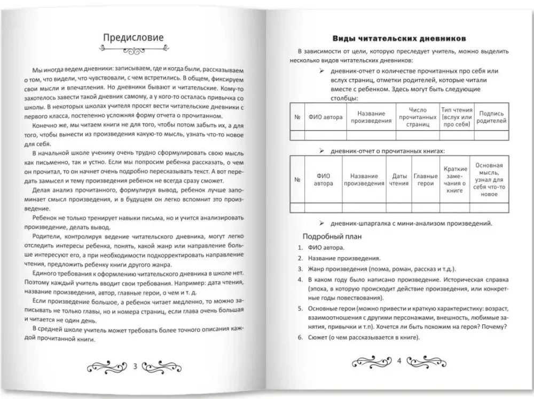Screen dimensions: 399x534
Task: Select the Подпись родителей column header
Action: (x=492, y=117)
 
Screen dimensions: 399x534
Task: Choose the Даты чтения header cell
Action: (x=399, y=180)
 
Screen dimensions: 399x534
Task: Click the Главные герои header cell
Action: (x=425, y=180)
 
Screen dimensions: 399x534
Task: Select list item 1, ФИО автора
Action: (x=326, y=248)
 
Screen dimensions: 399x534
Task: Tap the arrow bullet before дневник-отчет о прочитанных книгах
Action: (x=321, y=151)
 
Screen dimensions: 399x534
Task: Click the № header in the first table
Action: (x=296, y=117)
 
